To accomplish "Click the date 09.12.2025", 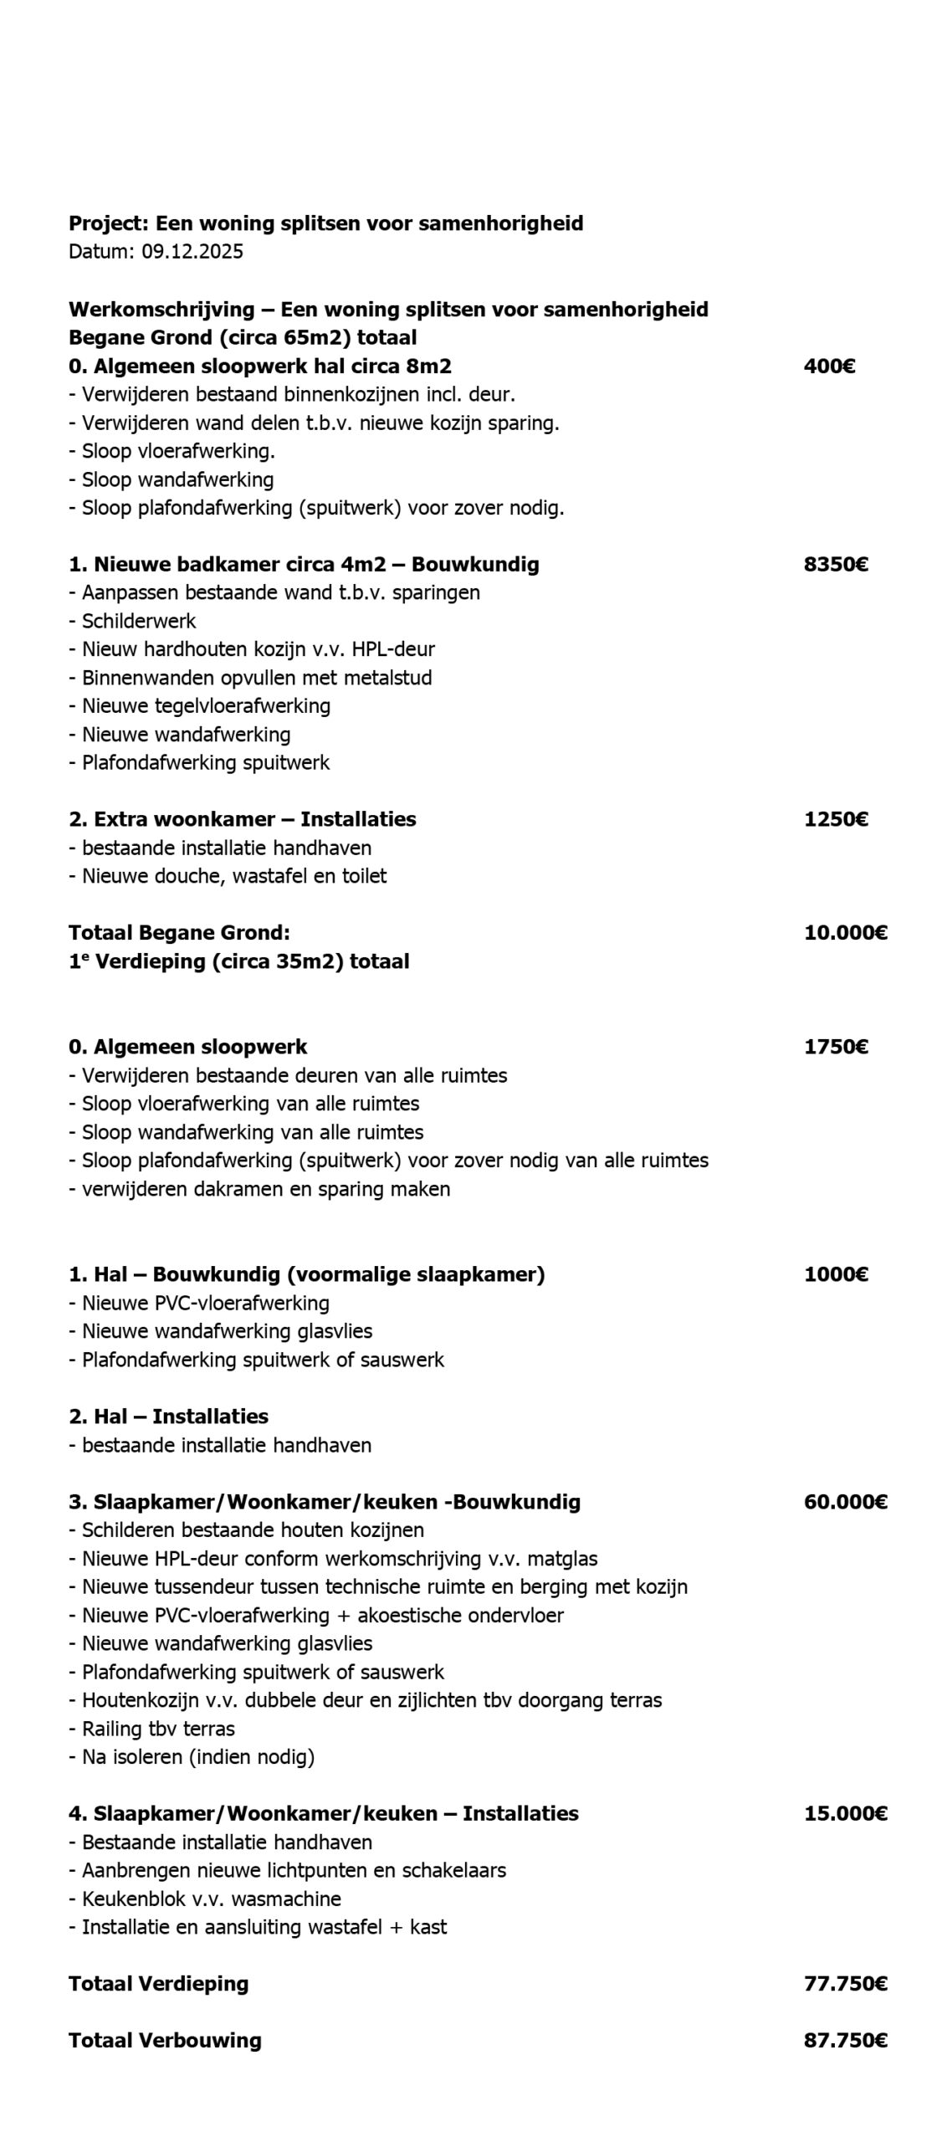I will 192,252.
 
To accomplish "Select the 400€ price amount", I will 828,366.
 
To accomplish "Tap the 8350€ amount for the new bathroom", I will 835,564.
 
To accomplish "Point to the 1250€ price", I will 835,818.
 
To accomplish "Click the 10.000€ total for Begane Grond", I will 845,932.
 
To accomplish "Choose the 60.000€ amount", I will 845,1501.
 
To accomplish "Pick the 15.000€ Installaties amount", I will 845,1813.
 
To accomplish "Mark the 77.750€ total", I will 845,1983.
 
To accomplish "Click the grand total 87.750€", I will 845,2040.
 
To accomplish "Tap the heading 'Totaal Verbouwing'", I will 165,2040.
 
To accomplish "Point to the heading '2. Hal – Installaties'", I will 168,1416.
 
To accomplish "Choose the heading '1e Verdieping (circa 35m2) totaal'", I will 238,961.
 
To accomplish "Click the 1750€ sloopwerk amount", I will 835,1047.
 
